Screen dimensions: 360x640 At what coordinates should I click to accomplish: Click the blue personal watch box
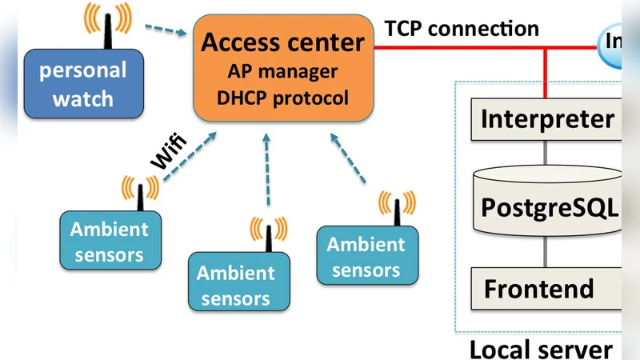click(x=84, y=84)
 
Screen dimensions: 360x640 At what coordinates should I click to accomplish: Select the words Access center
click(x=282, y=42)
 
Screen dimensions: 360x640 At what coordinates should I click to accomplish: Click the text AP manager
click(x=282, y=71)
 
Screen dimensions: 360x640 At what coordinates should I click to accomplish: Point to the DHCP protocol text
click(x=282, y=98)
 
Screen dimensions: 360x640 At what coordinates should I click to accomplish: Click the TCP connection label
click(x=462, y=28)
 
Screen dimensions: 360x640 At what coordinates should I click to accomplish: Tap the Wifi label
click(x=170, y=152)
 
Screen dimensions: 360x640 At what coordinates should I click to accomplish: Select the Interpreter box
click(x=547, y=119)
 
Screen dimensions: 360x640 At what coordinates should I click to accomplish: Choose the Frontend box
click(x=547, y=288)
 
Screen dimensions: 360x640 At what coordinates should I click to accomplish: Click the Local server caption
click(x=541, y=349)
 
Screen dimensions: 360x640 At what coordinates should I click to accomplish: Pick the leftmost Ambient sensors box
click(x=109, y=242)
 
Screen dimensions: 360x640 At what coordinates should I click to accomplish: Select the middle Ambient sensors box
click(x=236, y=285)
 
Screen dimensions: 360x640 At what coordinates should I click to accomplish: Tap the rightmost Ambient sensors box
click(x=366, y=257)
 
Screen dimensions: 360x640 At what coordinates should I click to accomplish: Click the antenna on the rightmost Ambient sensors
click(x=398, y=210)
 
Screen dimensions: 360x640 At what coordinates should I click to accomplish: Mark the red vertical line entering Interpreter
click(x=546, y=73)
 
